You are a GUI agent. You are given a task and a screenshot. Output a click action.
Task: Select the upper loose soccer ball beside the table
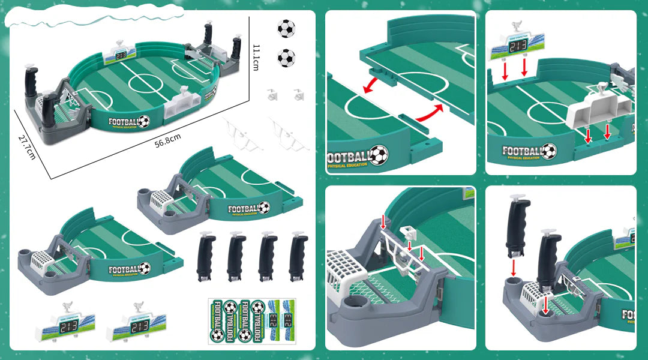pyautogui.click(x=286, y=28)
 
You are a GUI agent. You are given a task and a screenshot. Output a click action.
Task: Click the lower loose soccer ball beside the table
pyautogui.click(x=286, y=58)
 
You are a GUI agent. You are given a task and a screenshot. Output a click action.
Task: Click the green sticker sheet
pyautogui.click(x=251, y=321)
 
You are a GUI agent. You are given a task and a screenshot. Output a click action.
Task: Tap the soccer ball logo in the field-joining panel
pyautogui.click(x=378, y=155)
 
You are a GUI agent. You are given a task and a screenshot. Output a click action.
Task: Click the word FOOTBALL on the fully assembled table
pyautogui.click(x=123, y=122)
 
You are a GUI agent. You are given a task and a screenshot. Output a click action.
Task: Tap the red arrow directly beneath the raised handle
pyautogui.click(x=514, y=266)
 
